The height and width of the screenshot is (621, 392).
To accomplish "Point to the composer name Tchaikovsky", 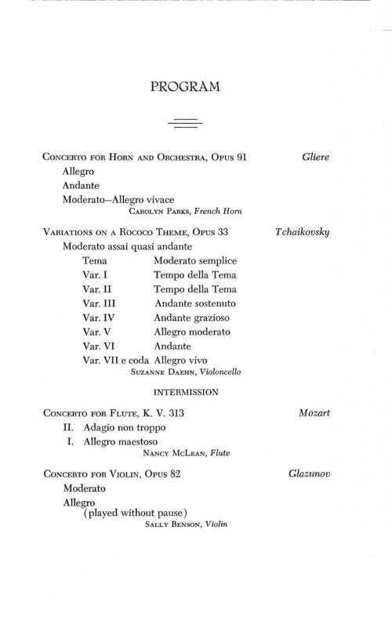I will point(302,233).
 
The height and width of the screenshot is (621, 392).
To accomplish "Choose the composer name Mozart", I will point(314,412).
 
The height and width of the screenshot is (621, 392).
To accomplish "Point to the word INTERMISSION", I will point(185,390).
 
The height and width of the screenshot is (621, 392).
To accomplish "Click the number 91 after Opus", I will point(241,158).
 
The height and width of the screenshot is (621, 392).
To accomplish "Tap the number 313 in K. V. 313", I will point(183,412).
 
